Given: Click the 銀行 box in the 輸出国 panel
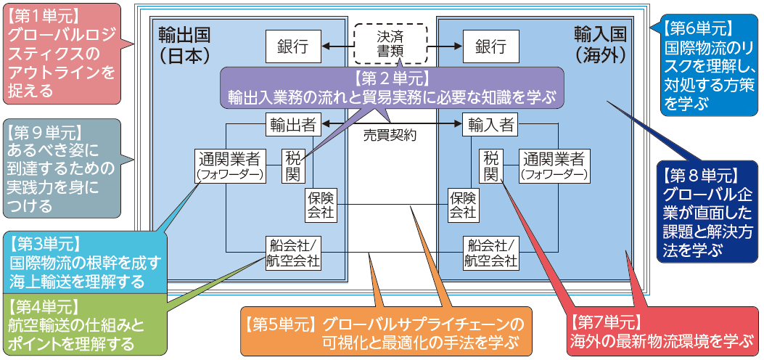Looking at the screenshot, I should pos(292,46).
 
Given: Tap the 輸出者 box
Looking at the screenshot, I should pos(292,124).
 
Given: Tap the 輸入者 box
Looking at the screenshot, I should pos(490,124).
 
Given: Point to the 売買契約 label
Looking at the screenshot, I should pos(391,135).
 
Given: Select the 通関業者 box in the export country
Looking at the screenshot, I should pos(230,165).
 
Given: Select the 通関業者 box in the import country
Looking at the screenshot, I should pos(553,165).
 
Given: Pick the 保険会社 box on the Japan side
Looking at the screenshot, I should pos(321,205).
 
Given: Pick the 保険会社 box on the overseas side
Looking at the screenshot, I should pos(462,205).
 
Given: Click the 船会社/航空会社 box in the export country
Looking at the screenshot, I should pos(292,253).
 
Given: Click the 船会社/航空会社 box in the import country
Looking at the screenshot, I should pos(490,253).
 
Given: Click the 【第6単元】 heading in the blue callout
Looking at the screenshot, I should pos(698,29).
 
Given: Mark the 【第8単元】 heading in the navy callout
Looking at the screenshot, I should pos(700,176).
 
